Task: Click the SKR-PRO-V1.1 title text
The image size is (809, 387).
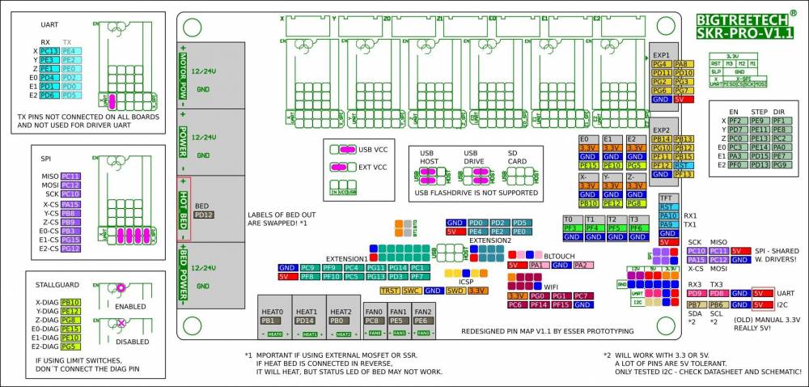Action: [x=744, y=33]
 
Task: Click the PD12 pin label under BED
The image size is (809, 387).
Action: [x=204, y=215]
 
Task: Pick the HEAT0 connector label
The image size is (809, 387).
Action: [x=273, y=312]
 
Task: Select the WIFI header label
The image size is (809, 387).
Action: [x=551, y=286]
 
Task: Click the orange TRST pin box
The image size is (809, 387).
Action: [x=390, y=290]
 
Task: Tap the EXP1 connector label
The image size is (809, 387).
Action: [x=661, y=55]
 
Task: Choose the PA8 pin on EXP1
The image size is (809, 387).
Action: [x=681, y=64]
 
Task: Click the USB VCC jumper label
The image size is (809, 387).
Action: [x=375, y=150]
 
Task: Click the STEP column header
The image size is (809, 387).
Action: [x=759, y=111]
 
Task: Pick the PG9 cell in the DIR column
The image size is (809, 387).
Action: [x=779, y=164]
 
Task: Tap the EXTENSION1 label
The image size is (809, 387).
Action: [x=347, y=258]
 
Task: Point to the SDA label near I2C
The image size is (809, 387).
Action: [x=694, y=313]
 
